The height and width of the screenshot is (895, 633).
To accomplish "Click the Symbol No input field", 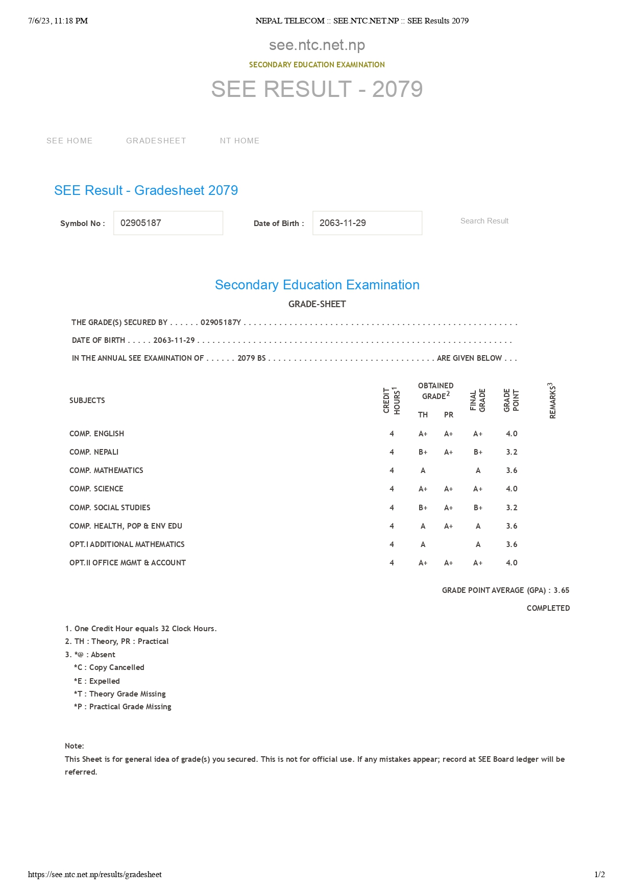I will [x=168, y=223].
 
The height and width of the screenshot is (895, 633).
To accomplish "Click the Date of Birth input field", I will [x=367, y=223].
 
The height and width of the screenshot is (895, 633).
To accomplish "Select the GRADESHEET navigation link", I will [x=156, y=141].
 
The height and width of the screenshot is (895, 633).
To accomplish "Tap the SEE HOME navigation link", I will [x=69, y=141].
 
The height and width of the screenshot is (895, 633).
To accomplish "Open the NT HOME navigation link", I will [x=239, y=141].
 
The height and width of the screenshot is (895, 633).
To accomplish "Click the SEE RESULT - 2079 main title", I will [x=316, y=89].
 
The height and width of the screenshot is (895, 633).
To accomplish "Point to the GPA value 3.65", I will [x=562, y=590].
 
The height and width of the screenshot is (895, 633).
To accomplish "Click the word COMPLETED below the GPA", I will [x=548, y=608].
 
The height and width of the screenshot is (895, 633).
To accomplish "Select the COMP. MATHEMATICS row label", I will [x=106, y=470].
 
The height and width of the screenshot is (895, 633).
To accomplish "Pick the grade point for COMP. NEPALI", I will [x=512, y=452].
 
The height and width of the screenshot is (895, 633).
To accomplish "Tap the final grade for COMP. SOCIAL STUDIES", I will [x=478, y=508].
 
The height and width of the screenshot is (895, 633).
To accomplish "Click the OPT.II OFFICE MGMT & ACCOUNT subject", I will [x=128, y=563].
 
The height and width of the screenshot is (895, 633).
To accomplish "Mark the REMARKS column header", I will [x=552, y=401].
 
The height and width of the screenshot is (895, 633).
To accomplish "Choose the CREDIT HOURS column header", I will [x=392, y=401].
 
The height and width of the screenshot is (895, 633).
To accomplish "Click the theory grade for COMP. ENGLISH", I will [x=423, y=434].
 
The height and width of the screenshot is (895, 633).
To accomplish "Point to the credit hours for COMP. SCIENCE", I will [x=392, y=489].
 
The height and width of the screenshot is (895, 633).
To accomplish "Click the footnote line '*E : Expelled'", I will [x=97, y=681].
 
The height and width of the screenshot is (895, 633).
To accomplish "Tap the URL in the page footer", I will [x=95, y=875].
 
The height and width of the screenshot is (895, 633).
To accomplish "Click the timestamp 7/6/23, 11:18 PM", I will [x=58, y=21].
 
